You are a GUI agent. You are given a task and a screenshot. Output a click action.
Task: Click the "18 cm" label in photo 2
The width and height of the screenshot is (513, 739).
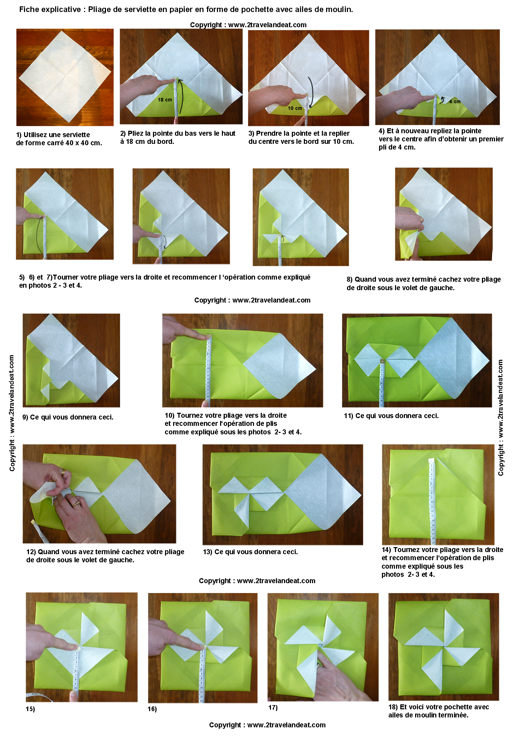[165, 100]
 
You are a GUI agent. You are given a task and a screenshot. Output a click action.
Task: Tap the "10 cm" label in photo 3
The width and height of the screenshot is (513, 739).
[295, 108]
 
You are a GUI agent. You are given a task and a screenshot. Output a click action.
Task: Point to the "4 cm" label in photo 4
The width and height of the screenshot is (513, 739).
[455, 101]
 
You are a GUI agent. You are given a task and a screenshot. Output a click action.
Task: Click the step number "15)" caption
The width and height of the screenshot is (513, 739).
[30, 709]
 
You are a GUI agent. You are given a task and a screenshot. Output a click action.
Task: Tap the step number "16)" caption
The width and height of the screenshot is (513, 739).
[152, 709]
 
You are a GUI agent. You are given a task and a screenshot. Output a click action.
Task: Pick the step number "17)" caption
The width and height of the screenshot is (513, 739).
[273, 708]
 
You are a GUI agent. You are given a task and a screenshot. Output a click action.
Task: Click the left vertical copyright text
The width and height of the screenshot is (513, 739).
[12, 413]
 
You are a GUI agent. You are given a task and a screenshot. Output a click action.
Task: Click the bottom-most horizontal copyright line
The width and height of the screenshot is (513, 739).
[267, 725]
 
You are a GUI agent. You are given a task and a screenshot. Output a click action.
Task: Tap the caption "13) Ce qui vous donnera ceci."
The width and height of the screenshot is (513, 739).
[250, 552]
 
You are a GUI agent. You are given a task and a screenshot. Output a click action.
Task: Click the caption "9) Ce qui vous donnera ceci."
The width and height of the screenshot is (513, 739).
[68, 417]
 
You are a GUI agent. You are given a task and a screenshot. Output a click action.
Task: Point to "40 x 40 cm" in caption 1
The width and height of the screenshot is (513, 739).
[83, 143]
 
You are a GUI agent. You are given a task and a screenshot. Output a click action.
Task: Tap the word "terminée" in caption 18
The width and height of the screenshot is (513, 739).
[453, 715]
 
